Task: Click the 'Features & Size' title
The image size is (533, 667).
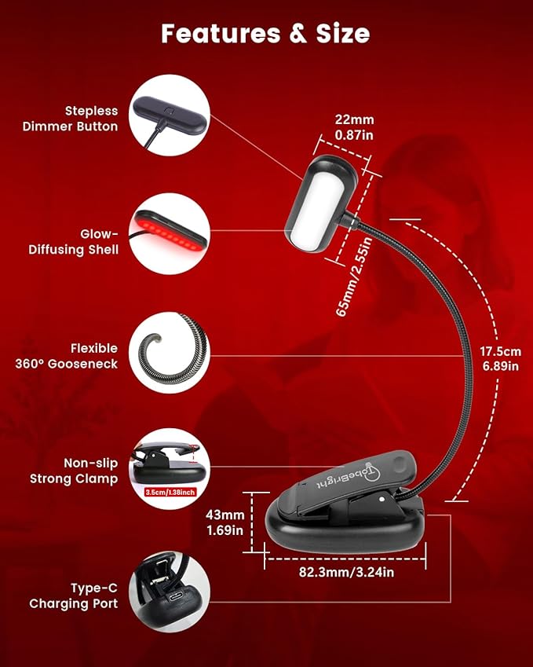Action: pyautogui.click(x=265, y=34)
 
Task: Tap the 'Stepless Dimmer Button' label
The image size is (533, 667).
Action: pyautogui.click(x=70, y=119)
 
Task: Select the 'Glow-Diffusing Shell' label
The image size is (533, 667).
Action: pyautogui.click(x=74, y=242)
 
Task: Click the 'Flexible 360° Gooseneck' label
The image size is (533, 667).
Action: pyautogui.click(x=67, y=356)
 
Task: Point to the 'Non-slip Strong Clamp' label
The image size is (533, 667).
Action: pyautogui.click(x=74, y=471)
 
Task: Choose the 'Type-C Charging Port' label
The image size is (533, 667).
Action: pyautogui.click(x=74, y=596)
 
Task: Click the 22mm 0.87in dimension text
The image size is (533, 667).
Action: pyautogui.click(x=354, y=127)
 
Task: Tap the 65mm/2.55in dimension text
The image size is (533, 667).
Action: pyautogui.click(x=354, y=277)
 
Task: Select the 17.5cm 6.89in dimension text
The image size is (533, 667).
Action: pyautogui.click(x=500, y=358)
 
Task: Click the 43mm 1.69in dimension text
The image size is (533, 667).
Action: pyautogui.click(x=225, y=522)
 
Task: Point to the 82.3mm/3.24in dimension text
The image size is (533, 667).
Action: pyautogui.click(x=346, y=572)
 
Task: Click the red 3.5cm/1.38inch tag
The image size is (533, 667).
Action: pyautogui.click(x=170, y=492)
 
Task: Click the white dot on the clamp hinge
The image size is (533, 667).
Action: pyautogui.click(x=381, y=499)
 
